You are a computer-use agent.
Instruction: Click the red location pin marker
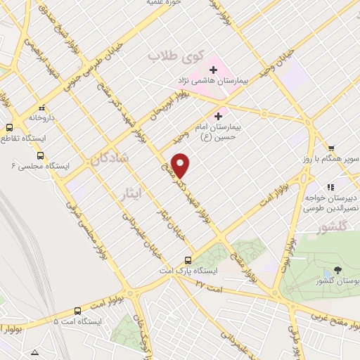181,165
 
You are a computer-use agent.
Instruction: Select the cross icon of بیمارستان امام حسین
219,116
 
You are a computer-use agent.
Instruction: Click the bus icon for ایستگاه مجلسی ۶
39,155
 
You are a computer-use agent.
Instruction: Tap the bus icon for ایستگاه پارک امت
187,259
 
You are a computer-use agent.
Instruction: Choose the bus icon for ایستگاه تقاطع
10,128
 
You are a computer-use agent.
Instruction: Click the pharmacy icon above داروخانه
41,108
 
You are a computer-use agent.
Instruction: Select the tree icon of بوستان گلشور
339,270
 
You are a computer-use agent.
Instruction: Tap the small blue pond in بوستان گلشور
325,274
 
